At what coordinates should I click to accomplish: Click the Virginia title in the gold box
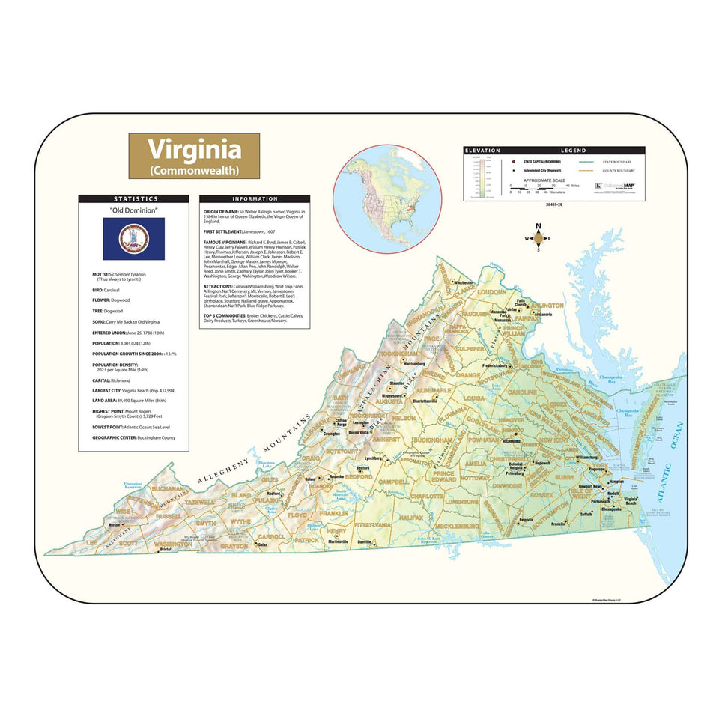coord(194,149)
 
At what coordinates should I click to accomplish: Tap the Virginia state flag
coord(133,239)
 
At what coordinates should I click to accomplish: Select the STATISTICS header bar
coord(133,199)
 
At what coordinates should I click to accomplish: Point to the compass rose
coord(539,239)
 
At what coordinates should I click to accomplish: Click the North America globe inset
coord(387,198)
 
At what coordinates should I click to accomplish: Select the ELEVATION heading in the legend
coord(482,151)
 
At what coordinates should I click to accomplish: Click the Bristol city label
coord(166,549)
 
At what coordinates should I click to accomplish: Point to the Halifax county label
coord(413,518)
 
